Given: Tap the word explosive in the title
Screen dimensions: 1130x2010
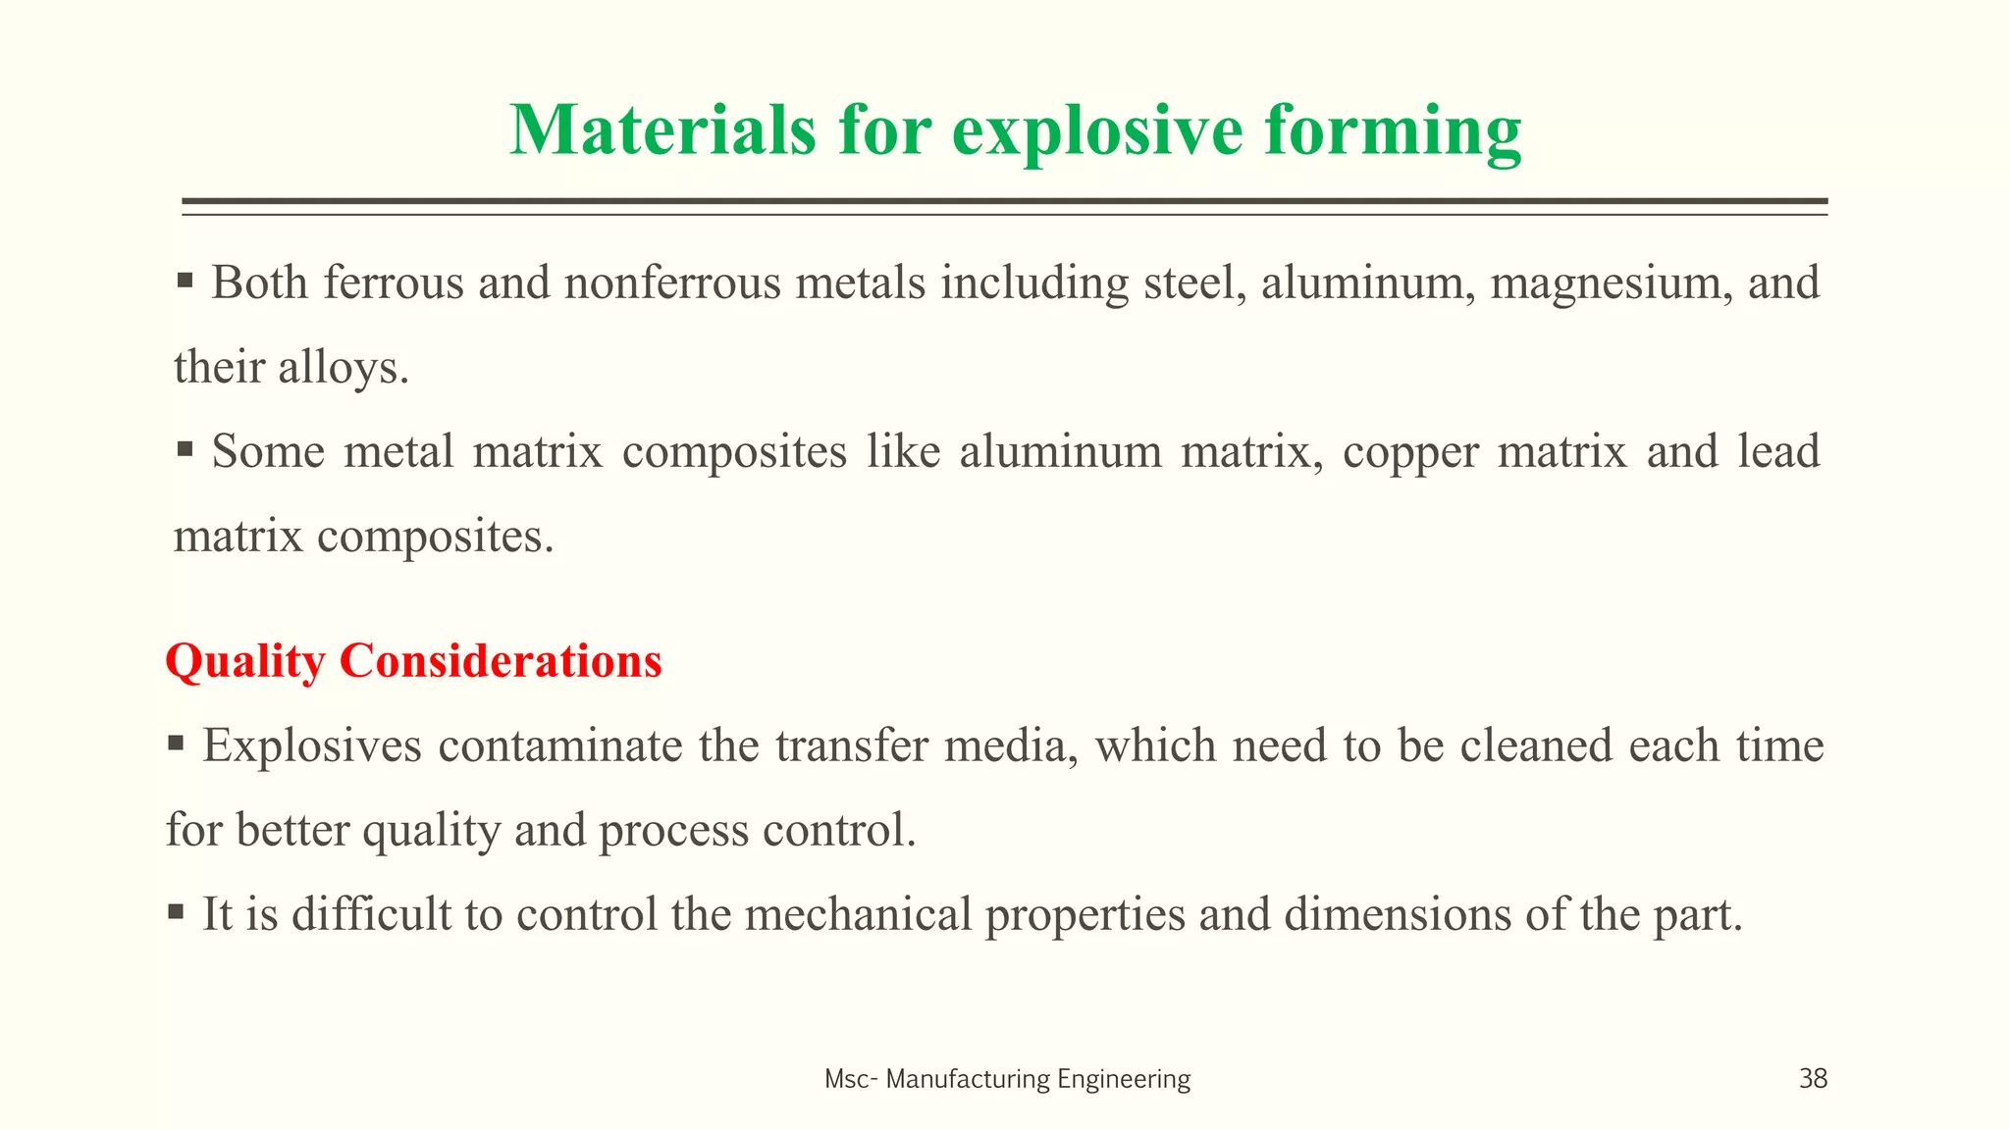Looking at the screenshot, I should tap(1097, 130).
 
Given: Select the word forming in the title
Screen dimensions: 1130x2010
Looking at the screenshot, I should tap(1393, 130).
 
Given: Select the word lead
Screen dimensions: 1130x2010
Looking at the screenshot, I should tap(1778, 452).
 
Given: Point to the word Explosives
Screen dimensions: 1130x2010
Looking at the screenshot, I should tap(312, 746).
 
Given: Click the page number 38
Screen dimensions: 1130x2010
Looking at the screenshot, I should tap(1813, 1079).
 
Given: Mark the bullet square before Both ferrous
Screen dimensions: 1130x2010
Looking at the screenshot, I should tap(185, 282).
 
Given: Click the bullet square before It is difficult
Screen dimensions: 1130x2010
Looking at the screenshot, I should tap(176, 912).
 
